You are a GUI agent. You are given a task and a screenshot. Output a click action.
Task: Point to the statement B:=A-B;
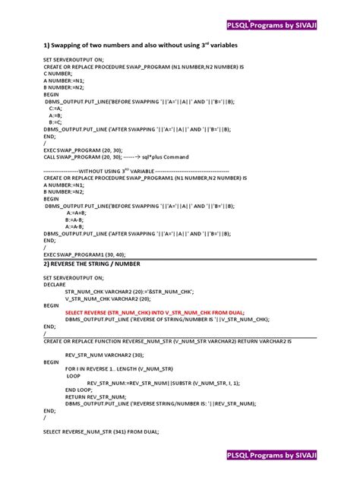click(x=74, y=219)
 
